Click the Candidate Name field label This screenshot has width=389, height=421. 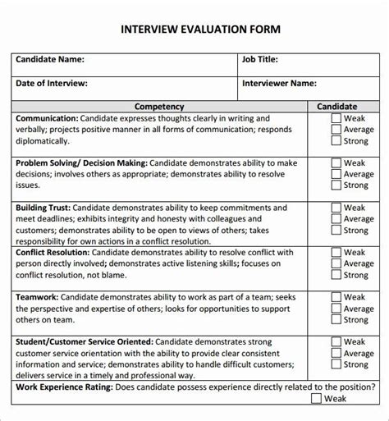click(50, 59)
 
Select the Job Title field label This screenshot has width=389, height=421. click(260, 59)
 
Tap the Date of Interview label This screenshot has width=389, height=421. click(52, 83)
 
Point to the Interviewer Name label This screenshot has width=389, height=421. click(280, 83)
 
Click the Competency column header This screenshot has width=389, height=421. click(159, 107)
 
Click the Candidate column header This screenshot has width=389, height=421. click(337, 107)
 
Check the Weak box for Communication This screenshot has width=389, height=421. click(336, 118)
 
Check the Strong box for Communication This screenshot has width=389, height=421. click(336, 140)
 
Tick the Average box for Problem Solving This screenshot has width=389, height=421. click(336, 174)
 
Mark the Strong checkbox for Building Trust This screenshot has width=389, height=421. click(336, 231)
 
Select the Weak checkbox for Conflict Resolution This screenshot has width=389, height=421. click(336, 253)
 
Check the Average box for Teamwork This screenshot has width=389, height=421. click(336, 309)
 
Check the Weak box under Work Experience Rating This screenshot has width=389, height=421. click(317, 399)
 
